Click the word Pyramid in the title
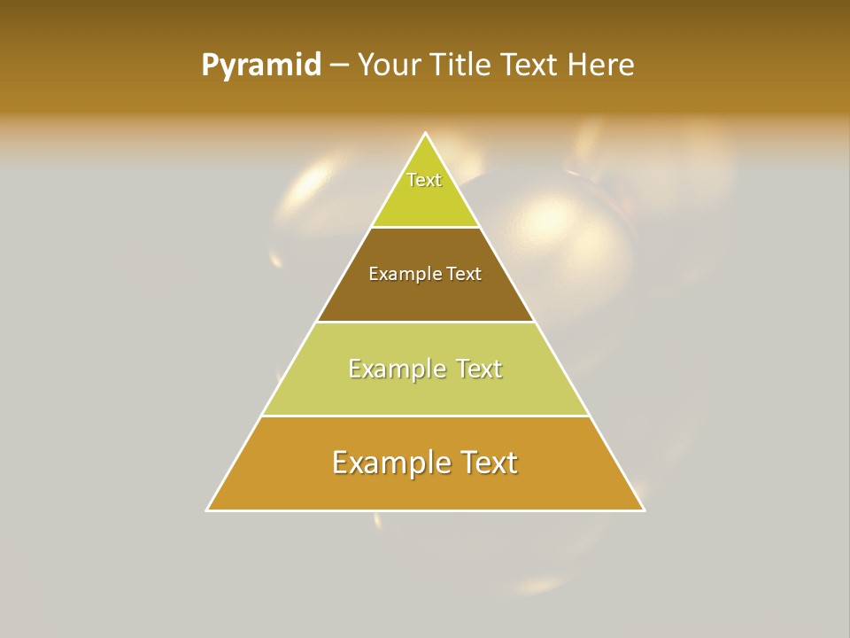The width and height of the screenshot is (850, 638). [x=261, y=65]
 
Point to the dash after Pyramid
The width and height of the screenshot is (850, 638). [x=338, y=65]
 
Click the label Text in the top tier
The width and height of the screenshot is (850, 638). [x=424, y=180]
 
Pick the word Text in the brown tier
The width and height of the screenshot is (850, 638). [x=464, y=274]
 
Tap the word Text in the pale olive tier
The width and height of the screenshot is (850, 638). [x=479, y=369]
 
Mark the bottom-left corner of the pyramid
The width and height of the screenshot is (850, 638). [x=207, y=510]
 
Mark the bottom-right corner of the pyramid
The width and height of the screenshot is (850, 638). [x=644, y=510]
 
